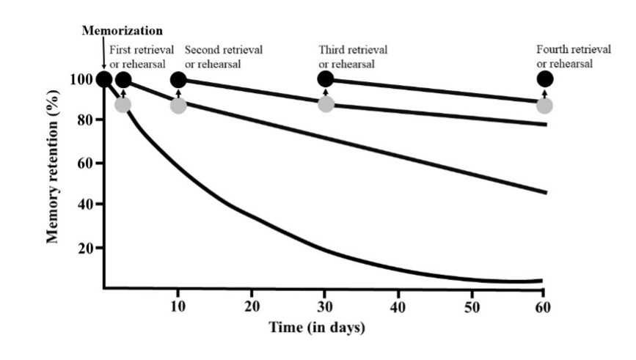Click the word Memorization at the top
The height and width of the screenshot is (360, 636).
pos(122,32)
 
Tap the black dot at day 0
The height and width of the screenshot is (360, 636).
pos(103,79)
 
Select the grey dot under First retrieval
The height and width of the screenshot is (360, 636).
pos(123,104)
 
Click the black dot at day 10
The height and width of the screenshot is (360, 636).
pos(178,79)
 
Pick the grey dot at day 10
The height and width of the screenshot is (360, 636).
pos(178,105)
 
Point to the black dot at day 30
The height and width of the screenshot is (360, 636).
pos(326,79)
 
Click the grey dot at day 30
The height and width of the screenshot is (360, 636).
pos(326,104)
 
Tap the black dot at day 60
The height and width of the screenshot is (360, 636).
pos(544,79)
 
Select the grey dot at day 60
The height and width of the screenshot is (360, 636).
pos(544,105)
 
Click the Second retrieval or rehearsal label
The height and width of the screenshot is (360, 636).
pos(223,56)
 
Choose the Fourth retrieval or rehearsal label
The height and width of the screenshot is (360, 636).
pos(573,56)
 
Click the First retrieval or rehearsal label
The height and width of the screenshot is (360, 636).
pos(142,56)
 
